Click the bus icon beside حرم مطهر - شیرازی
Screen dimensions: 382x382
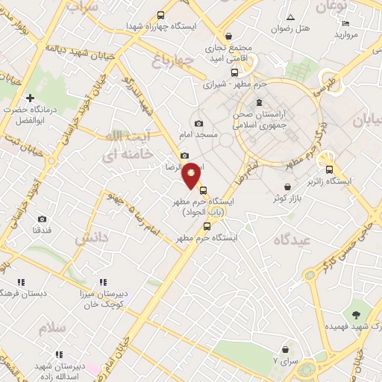(235, 73)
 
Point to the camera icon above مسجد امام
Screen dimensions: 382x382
(198, 123)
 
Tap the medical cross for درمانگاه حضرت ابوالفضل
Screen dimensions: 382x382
(30, 98)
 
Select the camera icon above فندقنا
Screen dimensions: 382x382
(42, 219)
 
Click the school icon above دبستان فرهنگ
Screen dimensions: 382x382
(21, 282)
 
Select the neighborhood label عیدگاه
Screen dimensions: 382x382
(291, 240)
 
